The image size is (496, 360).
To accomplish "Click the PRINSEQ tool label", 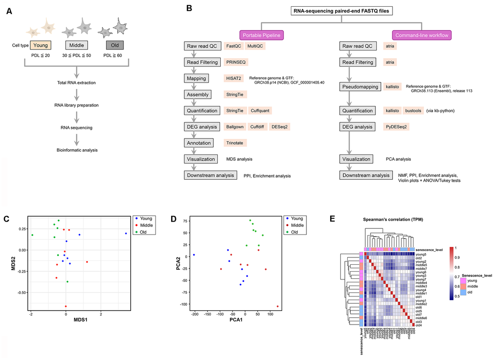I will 236,62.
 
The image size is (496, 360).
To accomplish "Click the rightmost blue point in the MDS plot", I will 125,233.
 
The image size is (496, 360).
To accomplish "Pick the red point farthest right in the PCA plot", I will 277,307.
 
